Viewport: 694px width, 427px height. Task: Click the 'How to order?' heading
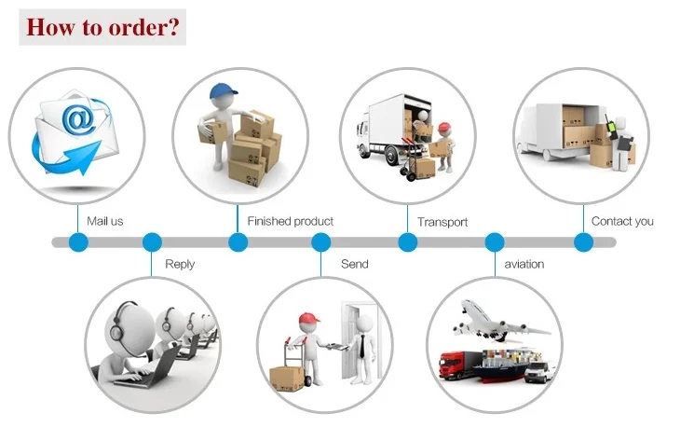point(102,26)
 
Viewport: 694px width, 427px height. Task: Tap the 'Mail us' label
point(105,221)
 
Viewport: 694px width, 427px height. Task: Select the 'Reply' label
point(180,264)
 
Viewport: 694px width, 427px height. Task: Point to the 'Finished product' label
point(290,221)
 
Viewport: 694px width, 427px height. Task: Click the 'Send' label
point(354,264)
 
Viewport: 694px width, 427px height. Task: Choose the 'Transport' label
point(442,222)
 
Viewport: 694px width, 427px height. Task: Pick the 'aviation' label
point(524,264)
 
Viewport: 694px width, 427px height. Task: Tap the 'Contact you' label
point(622,221)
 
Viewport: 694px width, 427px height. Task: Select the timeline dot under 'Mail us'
point(78,242)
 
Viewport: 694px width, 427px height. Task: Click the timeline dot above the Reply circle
point(152,242)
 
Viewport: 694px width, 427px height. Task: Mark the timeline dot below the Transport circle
point(407,242)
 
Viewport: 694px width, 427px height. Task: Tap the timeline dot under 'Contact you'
point(583,242)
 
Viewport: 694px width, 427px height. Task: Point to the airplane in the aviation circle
point(498,320)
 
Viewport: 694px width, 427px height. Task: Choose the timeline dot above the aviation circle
point(495,242)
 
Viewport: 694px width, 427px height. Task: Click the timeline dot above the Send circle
point(321,242)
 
